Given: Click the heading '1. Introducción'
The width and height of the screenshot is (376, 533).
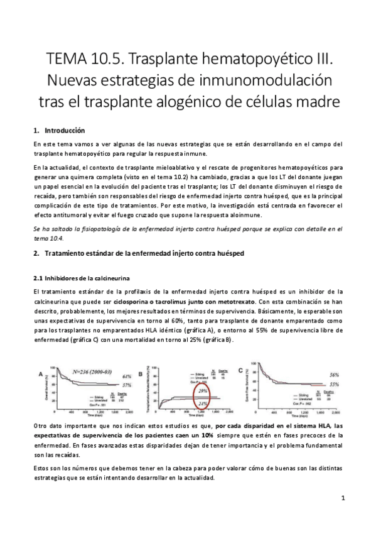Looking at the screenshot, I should (x=58, y=131).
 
